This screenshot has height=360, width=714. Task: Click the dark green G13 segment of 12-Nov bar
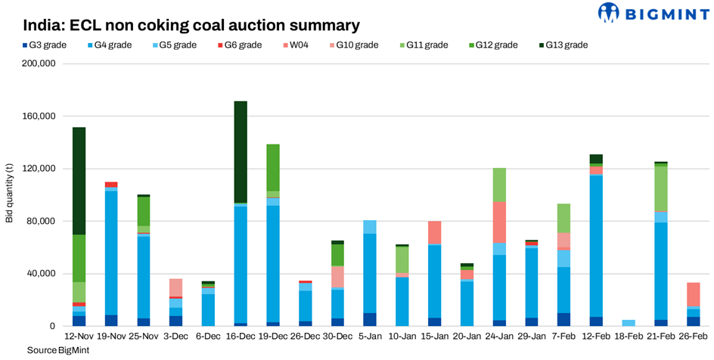pos(79,181)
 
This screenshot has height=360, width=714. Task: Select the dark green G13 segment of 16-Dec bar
pos(241,152)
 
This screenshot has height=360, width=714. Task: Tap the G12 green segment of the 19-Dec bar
pos(273,167)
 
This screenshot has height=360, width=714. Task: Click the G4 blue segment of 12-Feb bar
pos(596,246)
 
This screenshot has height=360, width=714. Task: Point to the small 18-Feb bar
pos(629,323)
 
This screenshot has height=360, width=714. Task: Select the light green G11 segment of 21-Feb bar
pos(661,188)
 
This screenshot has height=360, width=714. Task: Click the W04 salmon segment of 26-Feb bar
pos(694,294)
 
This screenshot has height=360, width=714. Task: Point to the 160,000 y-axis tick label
pos(38,116)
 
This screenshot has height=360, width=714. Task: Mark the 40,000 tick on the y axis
pos(41,274)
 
